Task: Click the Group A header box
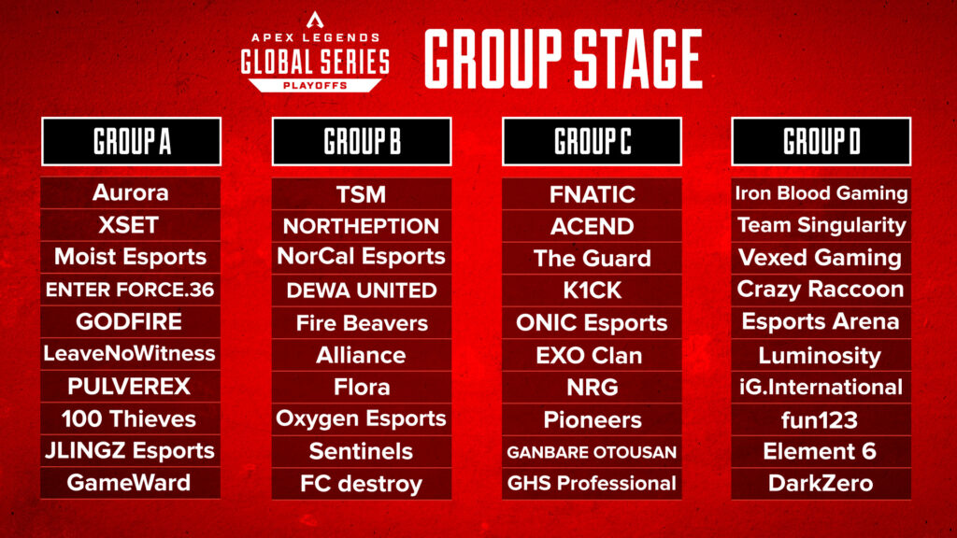131,141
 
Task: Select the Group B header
362,141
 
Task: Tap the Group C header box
592,141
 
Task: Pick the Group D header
821,141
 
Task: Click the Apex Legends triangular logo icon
314,20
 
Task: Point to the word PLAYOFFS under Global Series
314,85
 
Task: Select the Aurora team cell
131,193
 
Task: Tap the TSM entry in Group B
362,194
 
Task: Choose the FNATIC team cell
592,194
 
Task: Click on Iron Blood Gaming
821,193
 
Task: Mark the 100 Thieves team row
131,418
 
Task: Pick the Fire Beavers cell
362,323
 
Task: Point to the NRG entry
592,387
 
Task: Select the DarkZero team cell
821,483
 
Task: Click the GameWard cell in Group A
131,483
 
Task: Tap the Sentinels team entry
362,451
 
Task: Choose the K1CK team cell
592,290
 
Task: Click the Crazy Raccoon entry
821,290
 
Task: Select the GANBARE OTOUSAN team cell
592,452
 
